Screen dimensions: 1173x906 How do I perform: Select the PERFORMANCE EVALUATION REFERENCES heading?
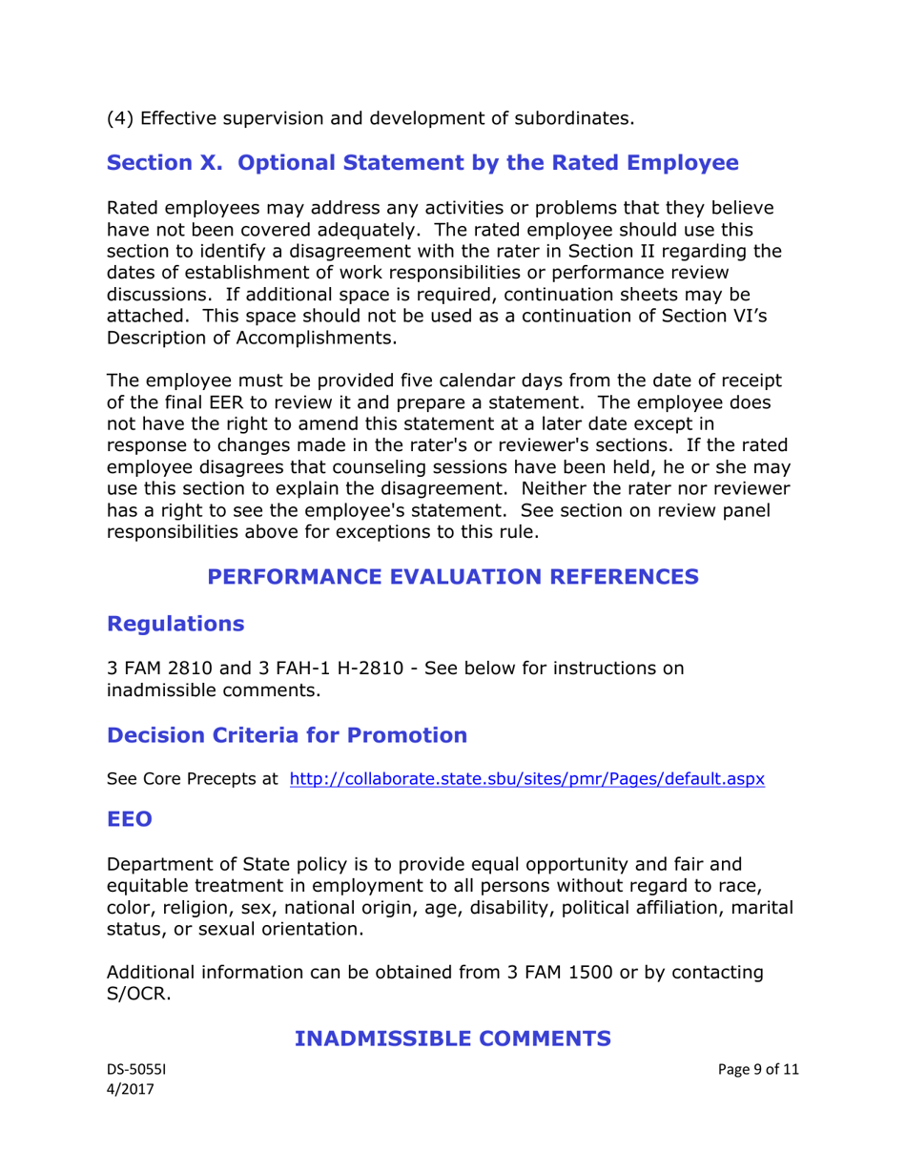coord(452,576)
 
